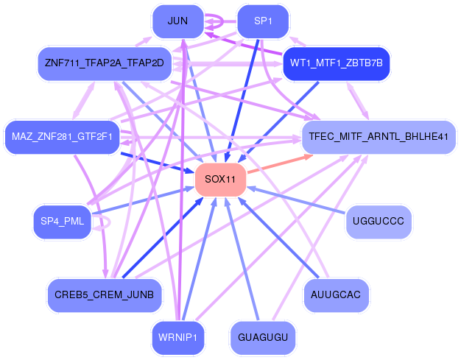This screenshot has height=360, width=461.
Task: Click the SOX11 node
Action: (220, 180)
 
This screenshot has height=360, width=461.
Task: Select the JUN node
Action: (178, 21)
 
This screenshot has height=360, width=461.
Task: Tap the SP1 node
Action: (263, 21)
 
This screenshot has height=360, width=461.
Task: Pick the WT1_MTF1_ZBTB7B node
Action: (337, 63)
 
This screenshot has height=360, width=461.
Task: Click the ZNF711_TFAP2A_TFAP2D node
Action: (105, 63)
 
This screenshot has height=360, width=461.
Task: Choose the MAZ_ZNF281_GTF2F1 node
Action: (62, 137)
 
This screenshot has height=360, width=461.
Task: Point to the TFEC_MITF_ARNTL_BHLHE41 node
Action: (379, 137)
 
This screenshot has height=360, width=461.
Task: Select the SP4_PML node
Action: (62, 222)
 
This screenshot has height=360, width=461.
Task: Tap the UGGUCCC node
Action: (379, 222)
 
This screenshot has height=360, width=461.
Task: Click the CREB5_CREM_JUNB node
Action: (105, 295)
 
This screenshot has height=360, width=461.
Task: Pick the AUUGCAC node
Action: (336, 295)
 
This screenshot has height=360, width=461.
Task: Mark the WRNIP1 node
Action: (178, 337)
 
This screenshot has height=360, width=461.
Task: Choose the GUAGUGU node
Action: (263, 337)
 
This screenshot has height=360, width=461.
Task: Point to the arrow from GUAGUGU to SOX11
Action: (242, 259)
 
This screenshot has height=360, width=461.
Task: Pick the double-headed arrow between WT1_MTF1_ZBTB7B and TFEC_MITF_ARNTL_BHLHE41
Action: (358, 101)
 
